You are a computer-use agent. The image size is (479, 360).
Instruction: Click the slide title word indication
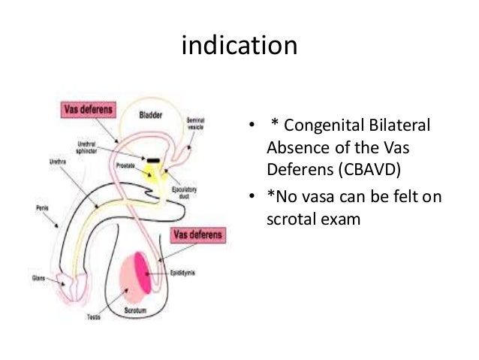[x=240, y=46]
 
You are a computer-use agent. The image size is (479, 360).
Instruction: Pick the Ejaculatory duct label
[x=185, y=194]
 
